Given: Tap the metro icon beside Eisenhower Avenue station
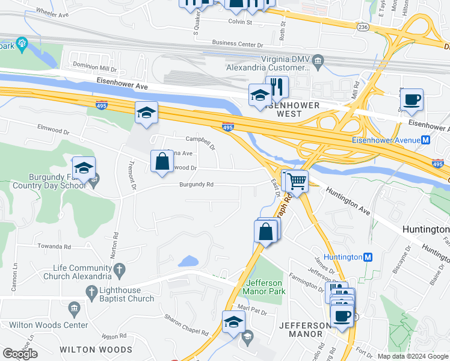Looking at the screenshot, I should click(x=426, y=140).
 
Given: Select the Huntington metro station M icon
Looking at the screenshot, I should click(x=369, y=257).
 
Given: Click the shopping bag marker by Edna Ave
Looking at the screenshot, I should click(x=161, y=161).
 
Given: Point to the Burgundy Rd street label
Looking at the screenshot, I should click(x=196, y=185).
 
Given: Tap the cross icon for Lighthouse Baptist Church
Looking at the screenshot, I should click(x=91, y=294).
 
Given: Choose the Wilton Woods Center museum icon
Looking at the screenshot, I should click(x=74, y=309).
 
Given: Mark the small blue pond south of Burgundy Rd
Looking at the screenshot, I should click(x=188, y=261).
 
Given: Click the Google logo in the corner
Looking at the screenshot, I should click(x=20, y=353).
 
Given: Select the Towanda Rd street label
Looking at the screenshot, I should click(x=55, y=247).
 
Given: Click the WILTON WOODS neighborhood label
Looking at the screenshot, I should click(x=96, y=350).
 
